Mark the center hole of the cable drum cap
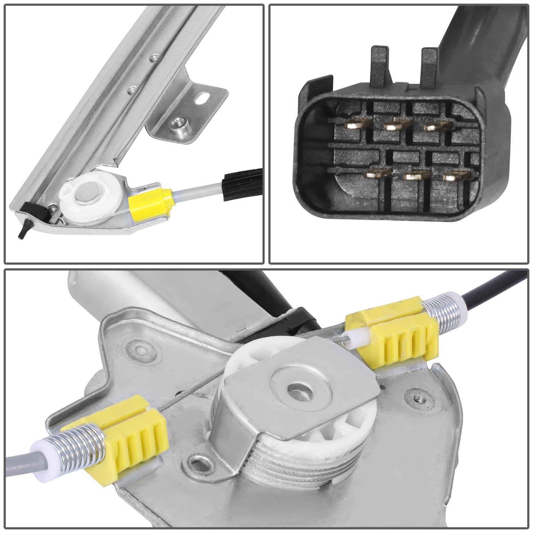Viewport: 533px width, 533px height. (x=295, y=388)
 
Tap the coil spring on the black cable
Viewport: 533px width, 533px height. (x=440, y=304)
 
